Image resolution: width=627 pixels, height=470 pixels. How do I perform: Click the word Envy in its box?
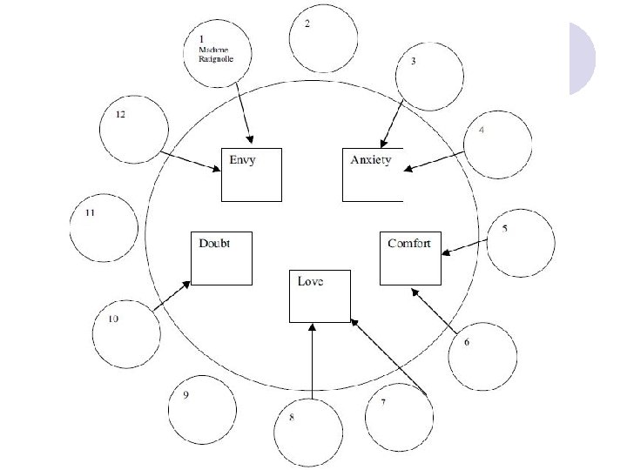[x=242, y=160]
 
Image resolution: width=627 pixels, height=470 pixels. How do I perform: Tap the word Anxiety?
[x=370, y=160]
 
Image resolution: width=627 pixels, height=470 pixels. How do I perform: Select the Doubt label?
[x=213, y=243]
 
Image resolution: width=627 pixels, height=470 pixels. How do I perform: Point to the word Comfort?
[x=409, y=243]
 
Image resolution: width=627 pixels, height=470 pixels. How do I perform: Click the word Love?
[x=311, y=281]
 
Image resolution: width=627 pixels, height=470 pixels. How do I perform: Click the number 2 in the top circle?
[x=307, y=23]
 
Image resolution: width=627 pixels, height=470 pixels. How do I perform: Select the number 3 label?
[x=413, y=62]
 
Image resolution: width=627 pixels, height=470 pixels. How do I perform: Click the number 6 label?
[x=467, y=342]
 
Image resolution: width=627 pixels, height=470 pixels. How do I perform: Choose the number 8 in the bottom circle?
[x=292, y=418]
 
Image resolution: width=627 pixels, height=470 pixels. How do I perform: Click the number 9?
[x=185, y=394]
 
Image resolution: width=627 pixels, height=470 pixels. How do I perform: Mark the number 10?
[x=113, y=319]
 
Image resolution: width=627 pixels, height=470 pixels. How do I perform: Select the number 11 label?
[x=90, y=212]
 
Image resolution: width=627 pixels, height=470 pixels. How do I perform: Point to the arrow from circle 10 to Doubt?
[x=172, y=295]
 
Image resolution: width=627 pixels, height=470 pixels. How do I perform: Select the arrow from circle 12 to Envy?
[x=190, y=162]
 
